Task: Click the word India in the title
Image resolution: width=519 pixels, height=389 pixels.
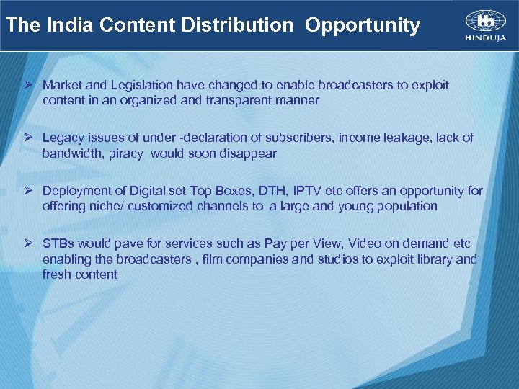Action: pyautogui.click(x=71, y=26)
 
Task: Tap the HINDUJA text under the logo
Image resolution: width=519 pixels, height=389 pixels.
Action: pyautogui.click(x=485, y=38)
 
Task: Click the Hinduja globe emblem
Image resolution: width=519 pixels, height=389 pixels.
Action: pyautogui.click(x=485, y=19)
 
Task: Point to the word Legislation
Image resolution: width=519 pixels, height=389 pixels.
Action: pyautogui.click(x=140, y=85)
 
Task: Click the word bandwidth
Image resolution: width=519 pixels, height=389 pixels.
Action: pyautogui.click(x=73, y=153)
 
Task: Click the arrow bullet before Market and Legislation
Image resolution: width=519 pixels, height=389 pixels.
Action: pyautogui.click(x=30, y=85)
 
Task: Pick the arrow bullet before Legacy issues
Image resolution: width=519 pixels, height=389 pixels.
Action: pyautogui.click(x=30, y=138)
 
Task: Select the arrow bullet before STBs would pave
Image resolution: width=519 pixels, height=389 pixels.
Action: pyautogui.click(x=30, y=243)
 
